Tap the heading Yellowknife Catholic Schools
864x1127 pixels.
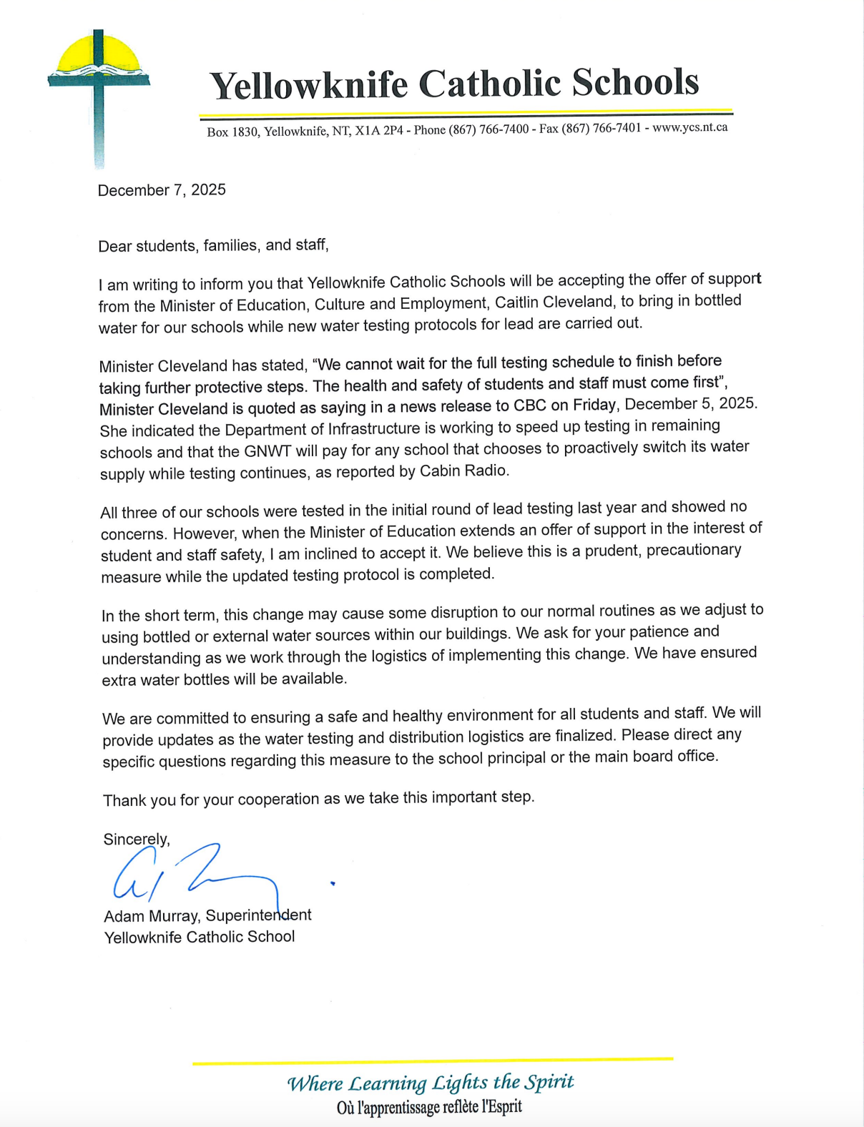coord(453,84)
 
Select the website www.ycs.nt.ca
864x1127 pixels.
coord(689,127)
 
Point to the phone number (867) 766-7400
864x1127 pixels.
coord(489,129)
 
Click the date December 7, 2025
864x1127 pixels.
coord(162,190)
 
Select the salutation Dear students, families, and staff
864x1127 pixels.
coord(213,245)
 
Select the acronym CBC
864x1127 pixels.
coord(530,405)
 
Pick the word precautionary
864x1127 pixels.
coord(694,551)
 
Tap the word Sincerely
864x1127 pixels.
coord(137,840)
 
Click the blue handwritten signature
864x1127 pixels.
coord(193,876)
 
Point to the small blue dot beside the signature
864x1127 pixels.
coord(333,884)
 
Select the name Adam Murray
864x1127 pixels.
coord(152,916)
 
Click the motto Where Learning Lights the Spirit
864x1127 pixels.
coord(431,1083)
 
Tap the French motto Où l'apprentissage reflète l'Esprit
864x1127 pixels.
coord(429,1108)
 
